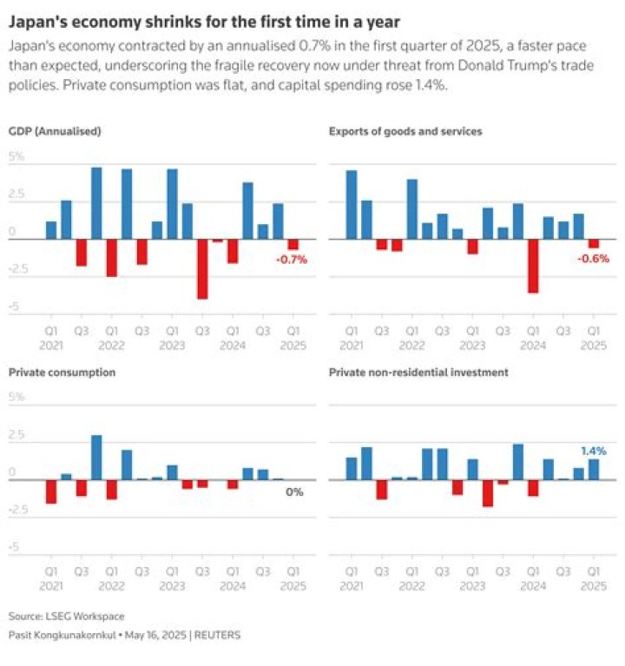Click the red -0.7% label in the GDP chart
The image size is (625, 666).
pos(291,260)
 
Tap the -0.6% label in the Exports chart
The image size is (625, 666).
pos(592,260)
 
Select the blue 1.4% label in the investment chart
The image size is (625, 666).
pos(593,452)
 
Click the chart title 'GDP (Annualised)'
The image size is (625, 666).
pos(55,131)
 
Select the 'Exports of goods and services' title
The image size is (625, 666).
pos(405,131)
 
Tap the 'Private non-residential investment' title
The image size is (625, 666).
pos(418,372)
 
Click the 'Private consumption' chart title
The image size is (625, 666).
pos(62,372)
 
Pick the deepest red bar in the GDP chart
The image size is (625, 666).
pos(202,268)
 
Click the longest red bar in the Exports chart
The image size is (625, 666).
pos(533,266)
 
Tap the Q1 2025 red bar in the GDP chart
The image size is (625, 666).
pos(293,244)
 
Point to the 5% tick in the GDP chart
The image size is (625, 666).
pos(17,157)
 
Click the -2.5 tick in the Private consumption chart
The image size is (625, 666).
pos(19,510)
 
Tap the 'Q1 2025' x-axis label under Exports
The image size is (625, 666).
pos(593,337)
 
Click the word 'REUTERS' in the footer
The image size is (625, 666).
pos(217,635)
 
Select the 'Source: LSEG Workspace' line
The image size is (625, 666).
pos(66,616)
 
